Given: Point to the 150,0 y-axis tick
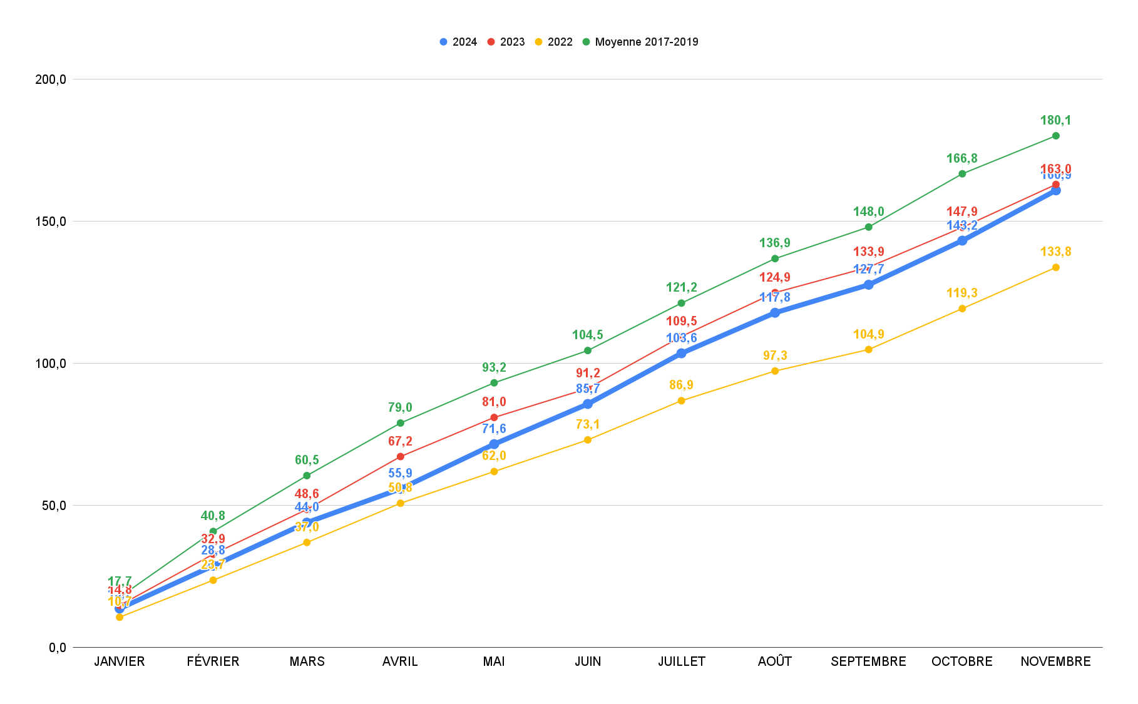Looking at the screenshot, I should coord(51,222).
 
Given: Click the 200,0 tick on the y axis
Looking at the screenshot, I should coord(51,79).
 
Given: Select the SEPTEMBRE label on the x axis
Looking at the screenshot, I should coord(868,661).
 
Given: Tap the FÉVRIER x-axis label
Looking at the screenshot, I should coord(213,661).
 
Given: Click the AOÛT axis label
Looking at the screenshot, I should coord(775,661).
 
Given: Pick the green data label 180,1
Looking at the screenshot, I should coord(1055,120).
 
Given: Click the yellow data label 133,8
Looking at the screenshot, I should coord(1055,252).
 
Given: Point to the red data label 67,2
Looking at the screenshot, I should coord(400,441).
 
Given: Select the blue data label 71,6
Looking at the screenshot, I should coord(494,429).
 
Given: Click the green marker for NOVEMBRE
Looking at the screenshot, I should coord(1055,136).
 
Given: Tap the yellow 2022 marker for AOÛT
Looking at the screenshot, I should coord(775,371).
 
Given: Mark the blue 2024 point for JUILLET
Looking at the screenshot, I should coord(681,353).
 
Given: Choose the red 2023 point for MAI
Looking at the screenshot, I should coord(494,417).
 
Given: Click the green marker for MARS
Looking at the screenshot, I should coord(307,476).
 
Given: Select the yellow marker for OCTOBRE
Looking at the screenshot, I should coord(962,309).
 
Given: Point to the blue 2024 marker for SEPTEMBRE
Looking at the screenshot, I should coord(868,285).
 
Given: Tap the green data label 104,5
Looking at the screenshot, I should coord(587,335).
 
